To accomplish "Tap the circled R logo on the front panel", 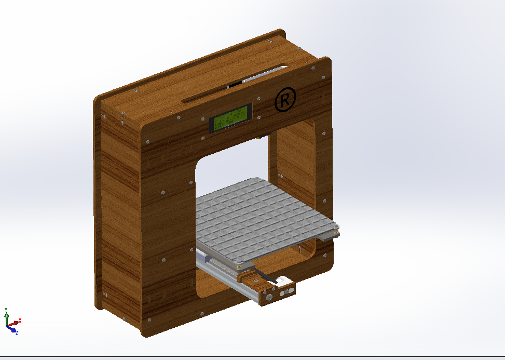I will coord(285,100).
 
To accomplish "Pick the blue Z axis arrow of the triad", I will coord(11,329).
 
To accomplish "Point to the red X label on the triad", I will coord(20,321).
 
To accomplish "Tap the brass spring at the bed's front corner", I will coord(239,267).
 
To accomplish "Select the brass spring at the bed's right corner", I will coord(337,230).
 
